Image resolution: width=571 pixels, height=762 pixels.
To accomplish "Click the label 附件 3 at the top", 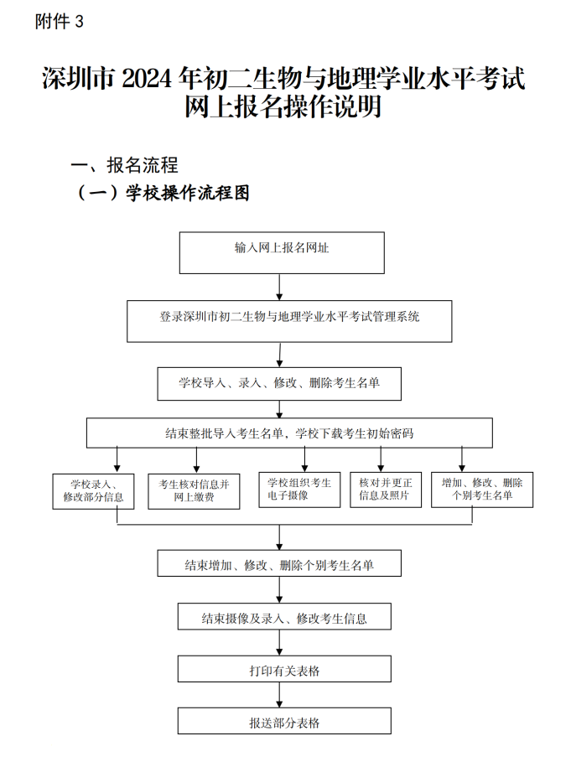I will coord(60,22).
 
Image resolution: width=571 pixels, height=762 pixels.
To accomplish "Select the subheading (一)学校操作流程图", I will coord(163,194).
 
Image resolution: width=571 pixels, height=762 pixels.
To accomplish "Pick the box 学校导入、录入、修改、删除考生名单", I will coord(279,383).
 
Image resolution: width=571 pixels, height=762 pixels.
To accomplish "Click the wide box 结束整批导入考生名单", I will coord(289,433).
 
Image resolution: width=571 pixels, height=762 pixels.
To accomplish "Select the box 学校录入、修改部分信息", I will coord(93,490).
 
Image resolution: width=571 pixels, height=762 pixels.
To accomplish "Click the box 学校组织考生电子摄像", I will coord(299,490).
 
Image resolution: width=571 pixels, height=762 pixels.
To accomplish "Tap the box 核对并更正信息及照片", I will coord(386,490).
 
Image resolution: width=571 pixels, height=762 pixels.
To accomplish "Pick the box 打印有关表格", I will coord(283,669).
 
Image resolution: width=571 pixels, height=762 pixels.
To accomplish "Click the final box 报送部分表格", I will coord(283,721).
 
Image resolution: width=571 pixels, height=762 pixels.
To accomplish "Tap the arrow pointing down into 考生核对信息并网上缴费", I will coord(196,459).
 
